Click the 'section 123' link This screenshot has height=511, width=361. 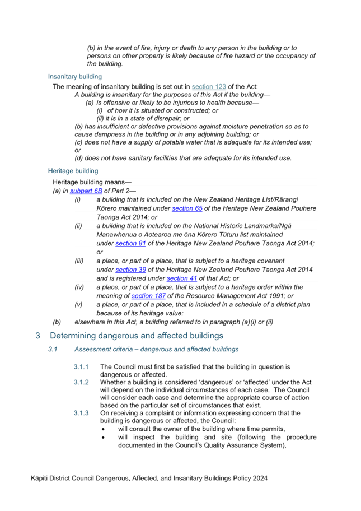[x=209, y=87]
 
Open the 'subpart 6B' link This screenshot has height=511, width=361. [x=86, y=191]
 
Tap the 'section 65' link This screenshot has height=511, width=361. [x=187, y=208]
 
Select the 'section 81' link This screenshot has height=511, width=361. [x=130, y=243]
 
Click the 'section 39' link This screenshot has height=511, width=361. [x=130, y=270]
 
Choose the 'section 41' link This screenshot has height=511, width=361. [x=182, y=278]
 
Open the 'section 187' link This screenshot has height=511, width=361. [x=148, y=296]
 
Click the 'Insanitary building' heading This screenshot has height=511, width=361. [x=75, y=77]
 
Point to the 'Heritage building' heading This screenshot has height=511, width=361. [x=73, y=171]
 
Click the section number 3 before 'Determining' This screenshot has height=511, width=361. [x=37, y=336]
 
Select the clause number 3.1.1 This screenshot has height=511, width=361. [x=81, y=367]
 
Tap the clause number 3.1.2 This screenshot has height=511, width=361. [x=81, y=382]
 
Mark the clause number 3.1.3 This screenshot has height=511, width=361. [x=81, y=413]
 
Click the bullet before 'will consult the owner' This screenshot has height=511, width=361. [x=103, y=430]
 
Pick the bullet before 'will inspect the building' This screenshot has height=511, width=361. [x=103, y=438]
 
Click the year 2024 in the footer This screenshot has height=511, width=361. [x=260, y=479]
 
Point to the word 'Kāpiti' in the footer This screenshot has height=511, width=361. [x=39, y=479]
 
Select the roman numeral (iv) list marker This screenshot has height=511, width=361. [x=79, y=287]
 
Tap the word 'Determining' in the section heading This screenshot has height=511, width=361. [x=73, y=336]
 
